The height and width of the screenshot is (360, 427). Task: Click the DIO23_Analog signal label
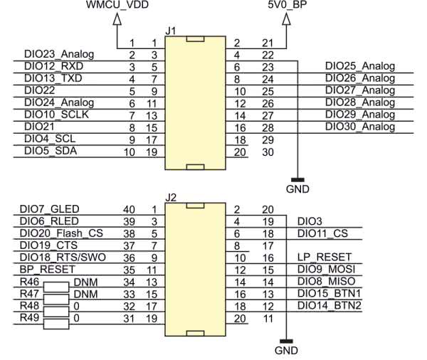pyautogui.click(x=58, y=54)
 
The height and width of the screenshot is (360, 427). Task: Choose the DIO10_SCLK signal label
pyautogui.click(x=56, y=115)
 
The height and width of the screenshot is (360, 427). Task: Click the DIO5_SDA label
pyautogui.click(x=51, y=151)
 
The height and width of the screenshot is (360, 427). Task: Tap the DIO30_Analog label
pyautogui.click(x=359, y=127)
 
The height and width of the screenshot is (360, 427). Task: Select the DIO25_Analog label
pyautogui.click(x=359, y=66)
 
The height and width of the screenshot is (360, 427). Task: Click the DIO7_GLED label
pyautogui.click(x=50, y=208)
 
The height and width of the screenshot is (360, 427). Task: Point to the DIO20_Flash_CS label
pyautogui.click(x=62, y=233)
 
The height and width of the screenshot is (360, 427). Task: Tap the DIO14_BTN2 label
pyautogui.click(x=329, y=305)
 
